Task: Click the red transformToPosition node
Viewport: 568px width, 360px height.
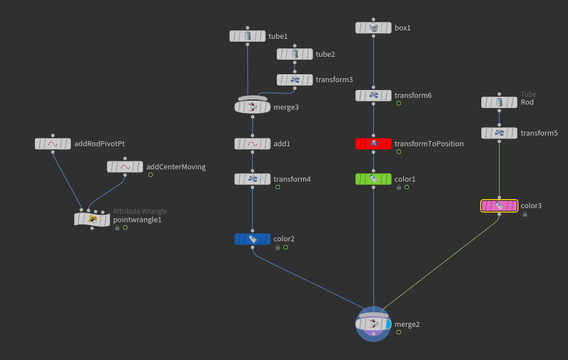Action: [x=373, y=143]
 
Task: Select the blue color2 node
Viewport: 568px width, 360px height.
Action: [x=252, y=239]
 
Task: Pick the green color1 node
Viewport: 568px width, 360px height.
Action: [x=373, y=179]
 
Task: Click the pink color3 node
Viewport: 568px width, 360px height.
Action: [x=499, y=206]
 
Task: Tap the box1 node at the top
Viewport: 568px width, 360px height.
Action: [x=373, y=28]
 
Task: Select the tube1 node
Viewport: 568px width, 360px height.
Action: [x=248, y=36]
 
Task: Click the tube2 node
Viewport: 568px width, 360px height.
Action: [x=295, y=54]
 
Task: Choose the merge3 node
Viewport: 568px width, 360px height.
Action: [x=252, y=107]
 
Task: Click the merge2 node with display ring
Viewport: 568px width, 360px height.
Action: [x=373, y=324]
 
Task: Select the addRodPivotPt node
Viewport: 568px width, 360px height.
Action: [x=53, y=143]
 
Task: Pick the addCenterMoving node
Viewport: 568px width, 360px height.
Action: [x=125, y=166]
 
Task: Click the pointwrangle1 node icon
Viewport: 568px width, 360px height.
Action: [x=92, y=219]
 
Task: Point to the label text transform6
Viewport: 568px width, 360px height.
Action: [x=413, y=96]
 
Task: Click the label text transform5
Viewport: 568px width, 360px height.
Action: [x=539, y=133]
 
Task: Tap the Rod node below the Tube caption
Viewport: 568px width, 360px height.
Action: [x=499, y=102]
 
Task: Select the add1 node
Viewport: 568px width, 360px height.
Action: [x=252, y=143]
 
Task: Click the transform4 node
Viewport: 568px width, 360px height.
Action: [x=252, y=179]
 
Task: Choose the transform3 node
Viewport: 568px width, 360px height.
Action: [x=295, y=79]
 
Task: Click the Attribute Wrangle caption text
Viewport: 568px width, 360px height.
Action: [x=140, y=211]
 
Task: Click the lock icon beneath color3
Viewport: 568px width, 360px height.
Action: [x=525, y=214]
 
